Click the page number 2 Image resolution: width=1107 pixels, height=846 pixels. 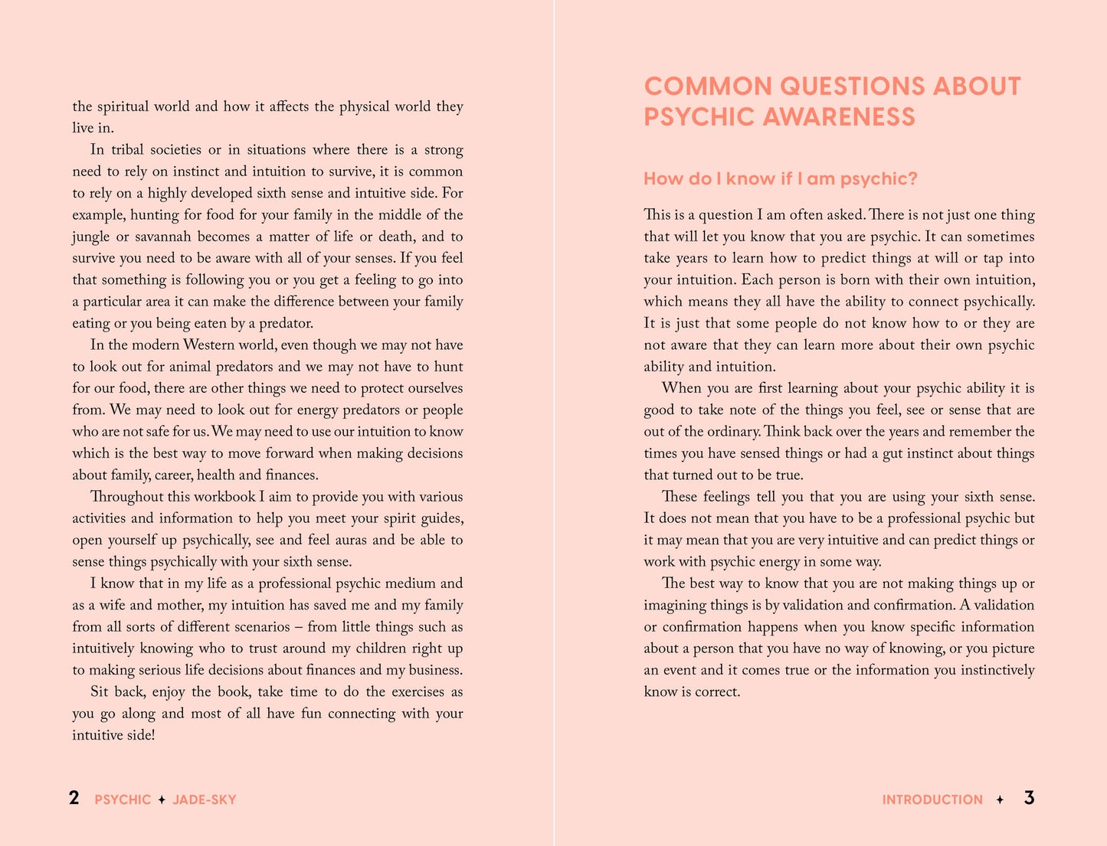pyautogui.click(x=74, y=798)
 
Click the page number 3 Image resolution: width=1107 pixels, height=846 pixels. pyautogui.click(x=1029, y=798)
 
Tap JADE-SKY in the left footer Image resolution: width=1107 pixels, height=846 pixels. pyautogui.click(x=205, y=800)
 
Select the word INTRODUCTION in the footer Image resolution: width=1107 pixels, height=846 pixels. pyautogui.click(x=932, y=800)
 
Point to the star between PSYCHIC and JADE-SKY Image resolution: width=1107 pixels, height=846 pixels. pyautogui.click(x=162, y=800)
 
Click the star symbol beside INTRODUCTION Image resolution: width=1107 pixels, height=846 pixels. pyautogui.click(x=1000, y=800)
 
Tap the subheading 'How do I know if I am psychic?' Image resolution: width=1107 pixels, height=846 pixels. pyautogui.click(x=780, y=179)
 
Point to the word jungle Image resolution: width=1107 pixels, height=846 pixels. pyautogui.click(x=91, y=237)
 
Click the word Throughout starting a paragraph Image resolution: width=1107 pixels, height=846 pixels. pyautogui.click(x=126, y=497)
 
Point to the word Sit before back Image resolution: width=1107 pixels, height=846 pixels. pyautogui.click(x=100, y=692)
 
